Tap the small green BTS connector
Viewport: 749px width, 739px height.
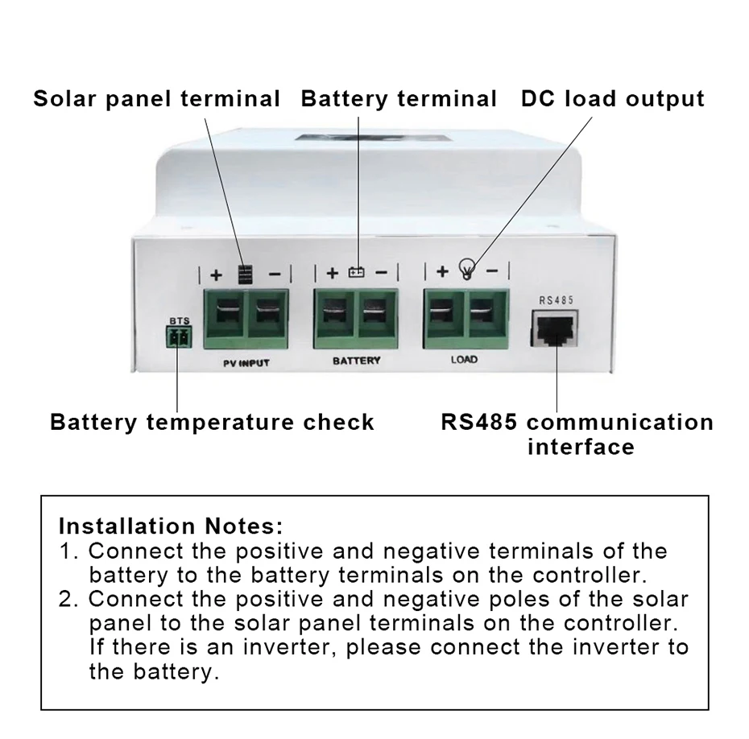tap(179, 337)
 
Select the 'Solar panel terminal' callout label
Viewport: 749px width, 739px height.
tap(157, 99)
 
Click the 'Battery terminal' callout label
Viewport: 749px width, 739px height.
tap(399, 99)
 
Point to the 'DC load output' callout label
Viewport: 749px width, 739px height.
tap(612, 99)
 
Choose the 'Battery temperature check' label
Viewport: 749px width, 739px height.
tap(212, 422)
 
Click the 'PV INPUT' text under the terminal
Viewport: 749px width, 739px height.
tap(246, 363)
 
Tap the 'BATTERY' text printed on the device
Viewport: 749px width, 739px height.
tap(356, 361)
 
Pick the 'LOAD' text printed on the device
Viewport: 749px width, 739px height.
tap(464, 359)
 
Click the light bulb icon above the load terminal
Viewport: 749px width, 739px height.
tap(466, 269)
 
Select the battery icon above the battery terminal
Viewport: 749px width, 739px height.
tap(356, 272)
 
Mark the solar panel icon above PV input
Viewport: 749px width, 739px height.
tap(245, 275)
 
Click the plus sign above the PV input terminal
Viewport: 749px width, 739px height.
tap(217, 275)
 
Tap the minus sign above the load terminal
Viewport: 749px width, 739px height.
tap(492, 271)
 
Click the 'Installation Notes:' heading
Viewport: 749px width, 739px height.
tap(171, 526)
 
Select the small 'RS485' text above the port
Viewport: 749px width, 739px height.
tap(556, 300)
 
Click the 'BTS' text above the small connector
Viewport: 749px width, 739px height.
tap(180, 321)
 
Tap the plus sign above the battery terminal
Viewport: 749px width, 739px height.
tap(333, 273)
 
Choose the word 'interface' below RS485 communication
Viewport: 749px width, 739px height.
tap(581, 447)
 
